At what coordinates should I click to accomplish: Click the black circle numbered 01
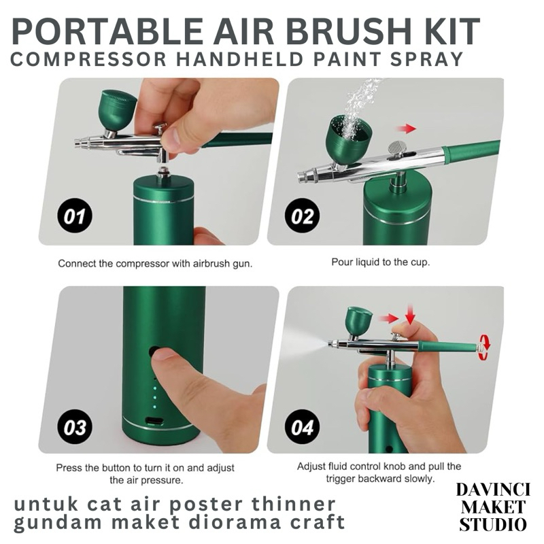(x=75, y=216)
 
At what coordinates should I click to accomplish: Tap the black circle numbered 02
(x=302, y=216)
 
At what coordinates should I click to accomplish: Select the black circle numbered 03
(x=75, y=427)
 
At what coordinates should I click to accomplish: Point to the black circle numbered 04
(x=302, y=427)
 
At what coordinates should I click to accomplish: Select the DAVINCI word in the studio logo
(x=492, y=490)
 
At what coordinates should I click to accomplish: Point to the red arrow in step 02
(x=406, y=129)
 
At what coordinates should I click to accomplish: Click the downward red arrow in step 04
(x=411, y=315)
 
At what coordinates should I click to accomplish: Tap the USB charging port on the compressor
(x=154, y=421)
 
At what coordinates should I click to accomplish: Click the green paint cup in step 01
(x=118, y=109)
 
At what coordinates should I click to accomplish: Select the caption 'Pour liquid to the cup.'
(x=381, y=262)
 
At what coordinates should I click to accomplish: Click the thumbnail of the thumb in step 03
(x=163, y=355)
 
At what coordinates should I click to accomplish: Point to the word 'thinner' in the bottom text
(x=294, y=504)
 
